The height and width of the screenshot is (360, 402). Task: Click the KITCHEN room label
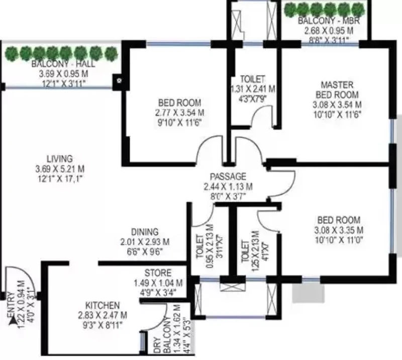103,305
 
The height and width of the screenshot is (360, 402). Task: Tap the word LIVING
60,158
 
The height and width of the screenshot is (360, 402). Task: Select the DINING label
145,232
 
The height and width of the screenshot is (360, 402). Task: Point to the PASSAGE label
228,176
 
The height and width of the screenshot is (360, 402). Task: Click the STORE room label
158,273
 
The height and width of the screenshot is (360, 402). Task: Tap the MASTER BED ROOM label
337,89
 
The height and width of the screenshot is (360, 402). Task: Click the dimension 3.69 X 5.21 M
60,169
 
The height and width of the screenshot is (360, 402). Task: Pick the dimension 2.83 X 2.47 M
103,315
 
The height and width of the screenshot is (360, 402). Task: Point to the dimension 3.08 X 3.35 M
339,230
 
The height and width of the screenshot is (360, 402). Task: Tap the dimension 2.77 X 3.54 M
179,113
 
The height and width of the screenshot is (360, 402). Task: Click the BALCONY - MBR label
329,21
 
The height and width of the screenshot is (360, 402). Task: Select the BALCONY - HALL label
63,64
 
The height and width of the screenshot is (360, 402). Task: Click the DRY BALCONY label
162,335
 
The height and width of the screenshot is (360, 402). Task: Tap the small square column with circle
119,81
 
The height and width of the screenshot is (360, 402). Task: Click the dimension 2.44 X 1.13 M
228,187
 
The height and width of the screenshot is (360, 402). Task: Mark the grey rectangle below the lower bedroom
309,293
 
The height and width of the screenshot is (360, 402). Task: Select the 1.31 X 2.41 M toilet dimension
253,89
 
